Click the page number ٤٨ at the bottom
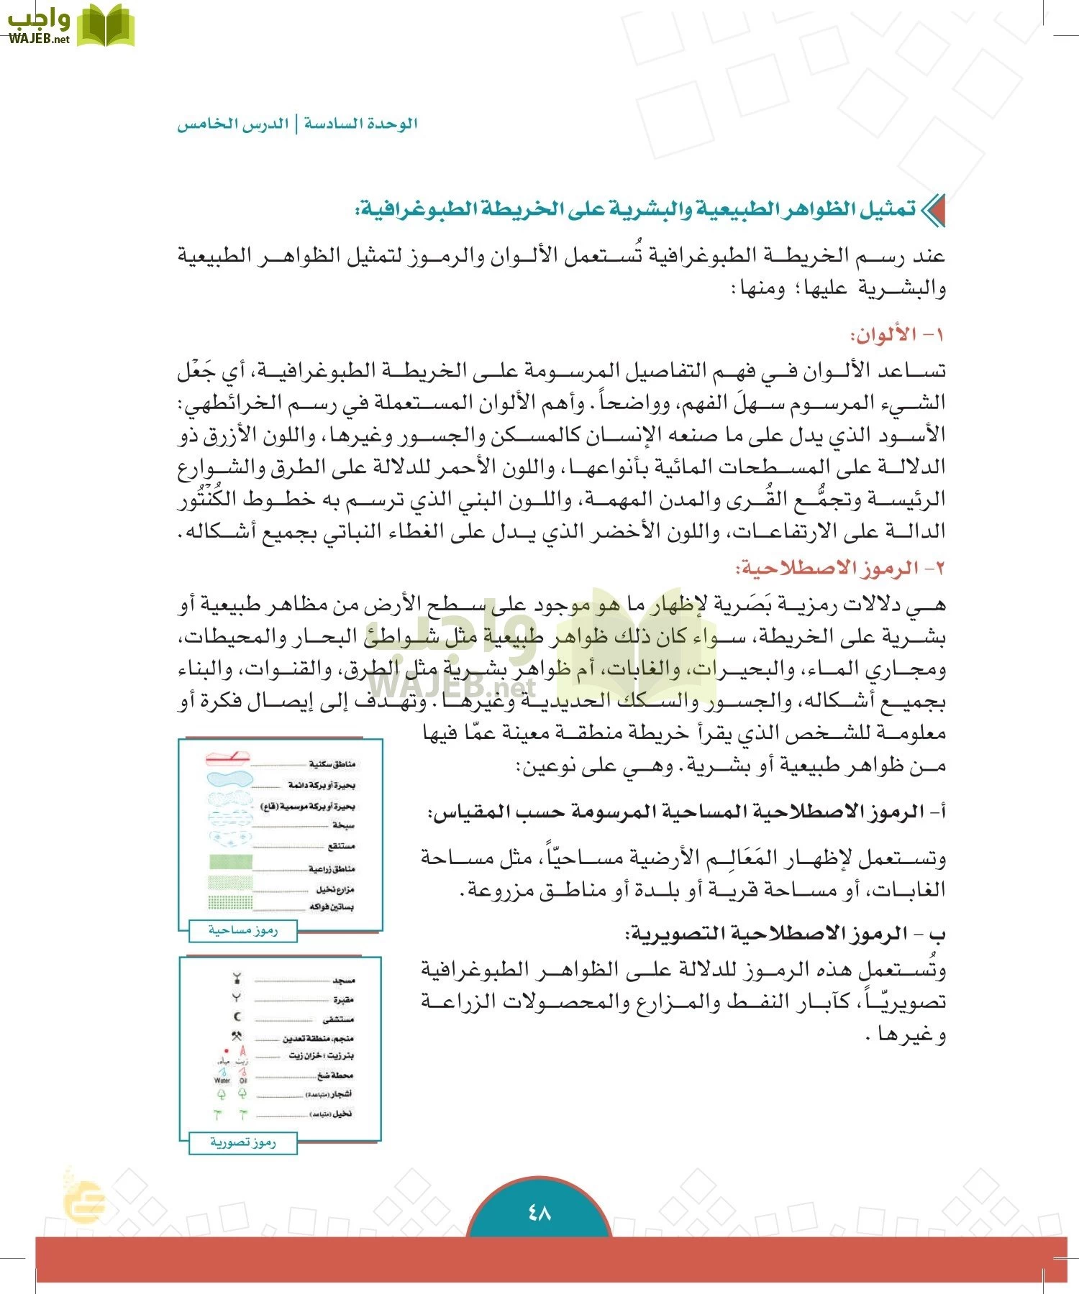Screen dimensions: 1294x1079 [x=539, y=1213]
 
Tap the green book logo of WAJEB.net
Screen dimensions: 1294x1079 [x=106, y=26]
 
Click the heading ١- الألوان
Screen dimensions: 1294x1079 [x=897, y=335]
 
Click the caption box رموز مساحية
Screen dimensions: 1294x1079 [x=243, y=930]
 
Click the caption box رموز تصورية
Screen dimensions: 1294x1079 [x=243, y=1142]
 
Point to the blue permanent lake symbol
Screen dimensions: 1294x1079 [x=229, y=779]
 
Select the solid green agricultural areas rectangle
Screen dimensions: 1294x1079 [x=230, y=862]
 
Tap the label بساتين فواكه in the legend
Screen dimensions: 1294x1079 [x=332, y=907]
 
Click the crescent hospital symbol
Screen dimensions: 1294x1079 [x=238, y=1017]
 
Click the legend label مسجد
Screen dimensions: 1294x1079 [x=344, y=980]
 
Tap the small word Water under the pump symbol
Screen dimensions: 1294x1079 [x=222, y=1080]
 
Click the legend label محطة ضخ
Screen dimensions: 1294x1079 [x=335, y=1075]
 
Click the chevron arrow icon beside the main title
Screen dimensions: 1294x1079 [x=933, y=211]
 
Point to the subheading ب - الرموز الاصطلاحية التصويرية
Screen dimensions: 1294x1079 [x=786, y=934]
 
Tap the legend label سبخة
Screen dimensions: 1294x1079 [x=343, y=825]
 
